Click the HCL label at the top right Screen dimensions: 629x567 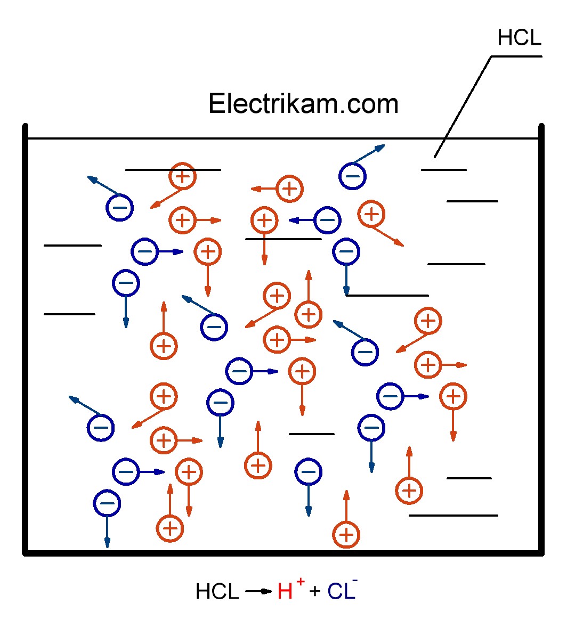pos(519,38)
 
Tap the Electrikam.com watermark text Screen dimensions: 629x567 pos(303,104)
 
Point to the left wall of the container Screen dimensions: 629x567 pos(25,341)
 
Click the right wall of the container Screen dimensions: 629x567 pos(541,341)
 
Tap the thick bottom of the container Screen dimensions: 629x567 pos(282,553)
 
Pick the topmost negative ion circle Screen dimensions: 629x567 pos(352,175)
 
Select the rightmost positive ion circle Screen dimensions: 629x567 pos(453,396)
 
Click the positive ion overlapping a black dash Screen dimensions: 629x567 pos(183,176)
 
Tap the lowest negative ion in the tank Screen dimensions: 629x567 pos(107,503)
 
